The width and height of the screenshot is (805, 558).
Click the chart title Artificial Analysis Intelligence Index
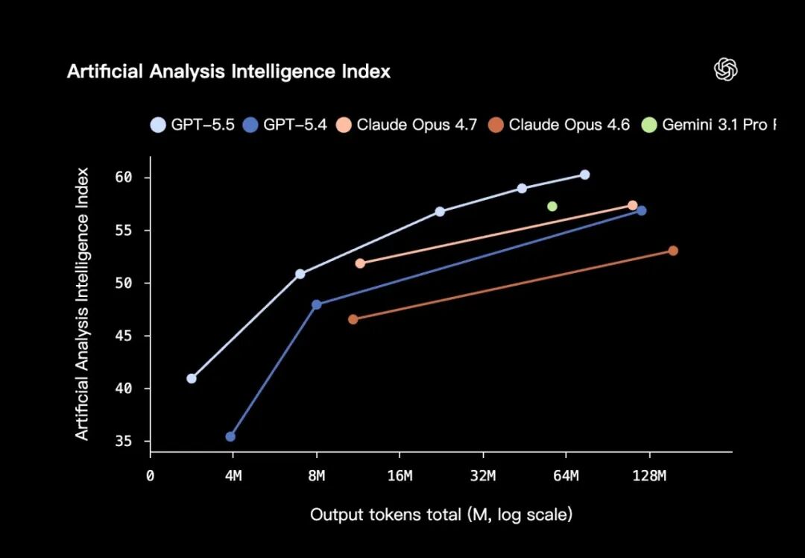coord(228,72)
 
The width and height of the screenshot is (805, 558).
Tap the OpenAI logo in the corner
coord(725,69)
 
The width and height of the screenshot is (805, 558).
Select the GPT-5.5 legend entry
coord(193,125)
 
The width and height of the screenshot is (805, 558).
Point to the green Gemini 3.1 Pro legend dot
coord(649,125)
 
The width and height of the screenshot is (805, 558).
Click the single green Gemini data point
coord(552,206)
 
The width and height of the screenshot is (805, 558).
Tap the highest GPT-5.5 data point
coord(585,175)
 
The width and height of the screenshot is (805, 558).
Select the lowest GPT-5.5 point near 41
coord(192,378)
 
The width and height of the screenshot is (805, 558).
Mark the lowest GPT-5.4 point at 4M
coord(230,436)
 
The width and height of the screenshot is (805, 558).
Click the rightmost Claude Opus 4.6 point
coord(673,251)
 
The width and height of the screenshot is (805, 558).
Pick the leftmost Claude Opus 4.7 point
coord(360,263)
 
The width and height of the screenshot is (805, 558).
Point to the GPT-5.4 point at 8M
coord(316,304)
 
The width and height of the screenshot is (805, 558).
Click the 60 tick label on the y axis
coord(123,178)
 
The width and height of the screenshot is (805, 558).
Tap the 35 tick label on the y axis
coord(123,442)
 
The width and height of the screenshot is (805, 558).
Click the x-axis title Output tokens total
coord(441,515)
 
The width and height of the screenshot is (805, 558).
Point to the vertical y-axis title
coord(82,304)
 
